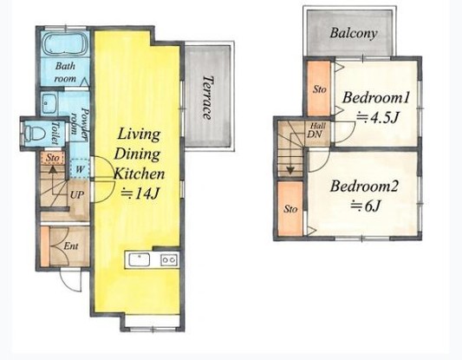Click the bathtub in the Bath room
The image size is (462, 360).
tap(65, 43)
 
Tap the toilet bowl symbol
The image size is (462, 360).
tap(34, 134)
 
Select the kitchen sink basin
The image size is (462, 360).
tap(140, 259)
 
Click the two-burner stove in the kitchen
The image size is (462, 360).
tap(169, 259)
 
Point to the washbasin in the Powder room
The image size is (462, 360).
tap(49, 103)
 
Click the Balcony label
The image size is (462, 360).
tap(354, 33)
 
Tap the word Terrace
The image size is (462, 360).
tap(207, 98)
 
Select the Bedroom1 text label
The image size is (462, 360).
tap(376, 98)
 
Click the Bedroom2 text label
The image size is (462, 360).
tap(364, 187)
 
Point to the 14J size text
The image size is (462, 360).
tap(140, 193)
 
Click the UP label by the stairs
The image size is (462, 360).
tap(76, 195)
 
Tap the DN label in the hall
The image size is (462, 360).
tap(315, 134)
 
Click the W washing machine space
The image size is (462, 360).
tap(80, 169)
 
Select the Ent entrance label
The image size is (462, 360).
tap(71, 245)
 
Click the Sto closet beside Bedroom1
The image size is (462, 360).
tap(319, 88)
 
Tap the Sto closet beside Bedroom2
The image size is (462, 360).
tap(290, 208)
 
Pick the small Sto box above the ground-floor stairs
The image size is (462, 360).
tap(53, 158)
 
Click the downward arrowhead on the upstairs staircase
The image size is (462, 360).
tap(291, 170)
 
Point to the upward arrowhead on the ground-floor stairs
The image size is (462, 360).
tap(53, 169)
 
